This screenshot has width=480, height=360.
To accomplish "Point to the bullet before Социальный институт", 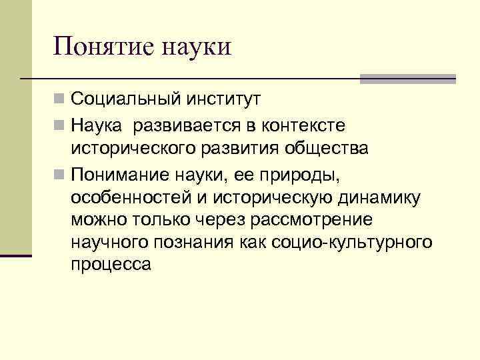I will (x=59, y=101).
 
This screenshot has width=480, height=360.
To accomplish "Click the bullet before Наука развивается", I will (x=59, y=125).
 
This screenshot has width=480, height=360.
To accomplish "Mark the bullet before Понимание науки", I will (x=59, y=173).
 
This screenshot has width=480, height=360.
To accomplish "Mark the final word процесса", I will (x=111, y=265).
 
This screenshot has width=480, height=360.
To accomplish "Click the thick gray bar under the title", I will (x=407, y=79).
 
